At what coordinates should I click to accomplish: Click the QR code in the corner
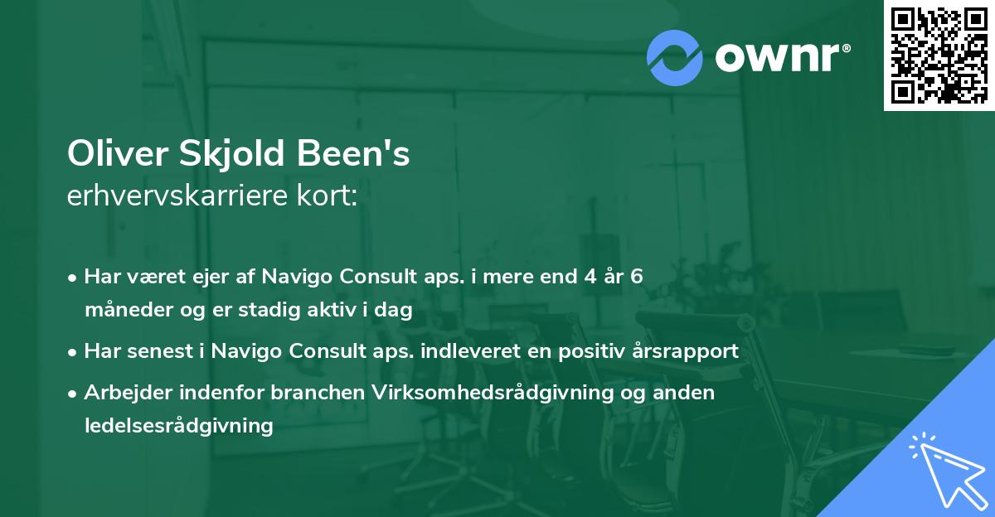tap(939, 55)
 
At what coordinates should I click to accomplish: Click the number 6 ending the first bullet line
tap(636, 277)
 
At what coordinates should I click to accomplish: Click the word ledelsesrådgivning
tap(178, 426)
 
